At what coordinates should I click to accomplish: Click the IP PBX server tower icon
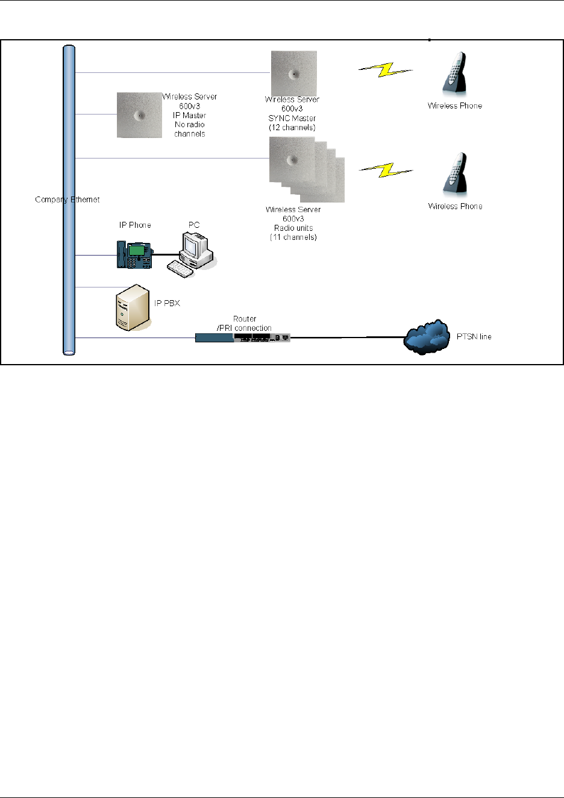(x=133, y=307)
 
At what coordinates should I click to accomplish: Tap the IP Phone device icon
(x=135, y=255)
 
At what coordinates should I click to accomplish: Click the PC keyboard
(x=180, y=269)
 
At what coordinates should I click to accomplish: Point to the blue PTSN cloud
(x=426, y=337)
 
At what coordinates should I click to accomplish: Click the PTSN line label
(x=474, y=337)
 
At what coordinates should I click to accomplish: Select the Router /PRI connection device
(x=242, y=338)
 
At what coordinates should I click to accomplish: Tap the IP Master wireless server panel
(x=139, y=115)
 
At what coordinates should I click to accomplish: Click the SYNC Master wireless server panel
(x=294, y=74)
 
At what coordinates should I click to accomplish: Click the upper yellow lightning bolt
(x=386, y=70)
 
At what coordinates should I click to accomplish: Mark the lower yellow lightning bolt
(x=386, y=171)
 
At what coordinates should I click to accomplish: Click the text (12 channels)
(x=292, y=128)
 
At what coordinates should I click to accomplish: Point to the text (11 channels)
(x=293, y=237)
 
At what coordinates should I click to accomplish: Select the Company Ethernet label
(x=67, y=199)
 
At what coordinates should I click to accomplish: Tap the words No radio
(x=189, y=125)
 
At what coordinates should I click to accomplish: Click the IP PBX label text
(x=167, y=303)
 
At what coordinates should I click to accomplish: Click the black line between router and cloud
(x=348, y=337)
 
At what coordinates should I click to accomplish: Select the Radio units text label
(x=293, y=228)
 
